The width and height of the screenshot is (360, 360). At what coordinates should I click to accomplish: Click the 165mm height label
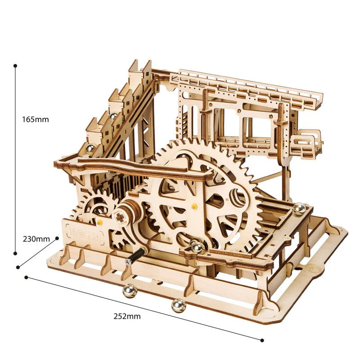(x=35, y=119)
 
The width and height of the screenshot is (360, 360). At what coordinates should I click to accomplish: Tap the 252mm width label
(x=127, y=316)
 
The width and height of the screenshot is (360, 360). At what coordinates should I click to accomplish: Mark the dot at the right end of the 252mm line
(x=262, y=340)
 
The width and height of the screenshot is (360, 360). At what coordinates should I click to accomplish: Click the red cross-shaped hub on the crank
(x=121, y=217)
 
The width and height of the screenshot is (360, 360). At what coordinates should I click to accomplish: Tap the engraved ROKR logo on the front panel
(x=83, y=233)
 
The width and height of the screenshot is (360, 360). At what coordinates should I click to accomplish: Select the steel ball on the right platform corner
(x=298, y=208)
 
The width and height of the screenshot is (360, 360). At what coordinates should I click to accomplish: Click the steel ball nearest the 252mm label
(x=178, y=306)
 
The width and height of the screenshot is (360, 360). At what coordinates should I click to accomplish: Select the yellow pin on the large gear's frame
(x=194, y=207)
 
